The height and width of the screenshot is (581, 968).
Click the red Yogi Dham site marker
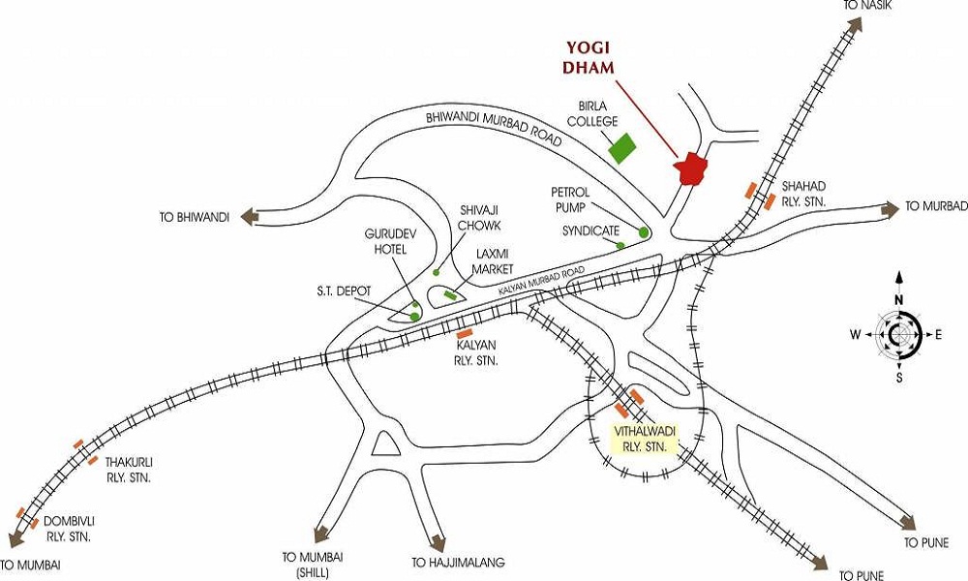pos(690,168)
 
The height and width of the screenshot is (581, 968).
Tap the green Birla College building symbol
pos(622,148)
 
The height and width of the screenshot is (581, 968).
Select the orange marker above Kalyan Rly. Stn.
pos(464,333)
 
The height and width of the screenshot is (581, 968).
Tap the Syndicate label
pos(590,231)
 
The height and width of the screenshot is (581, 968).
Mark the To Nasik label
pos(866,7)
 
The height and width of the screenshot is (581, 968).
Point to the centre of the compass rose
pos(899,334)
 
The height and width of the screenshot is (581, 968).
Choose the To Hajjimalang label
pos(458,563)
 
